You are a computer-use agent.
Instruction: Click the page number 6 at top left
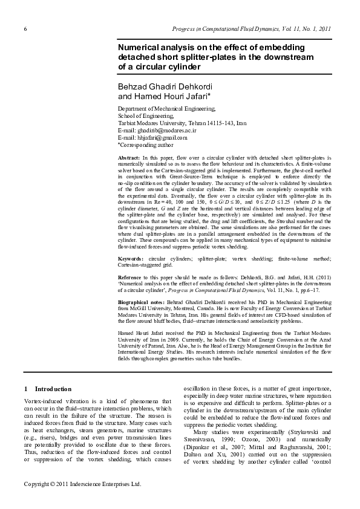(x=25, y=29)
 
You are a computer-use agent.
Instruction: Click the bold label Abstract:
(x=129, y=158)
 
